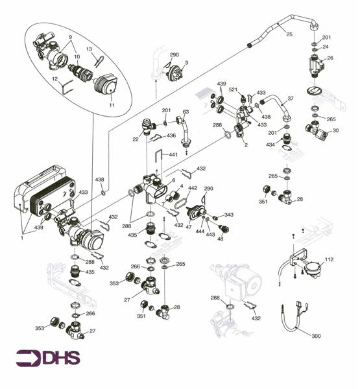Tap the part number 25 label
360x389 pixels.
289,34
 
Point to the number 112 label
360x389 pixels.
329,259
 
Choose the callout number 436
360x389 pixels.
171,136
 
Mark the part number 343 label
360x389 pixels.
228,215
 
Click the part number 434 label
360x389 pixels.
269,143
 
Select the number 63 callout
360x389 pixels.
186,112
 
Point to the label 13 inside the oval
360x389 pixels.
90,49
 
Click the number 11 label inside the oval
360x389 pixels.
112,104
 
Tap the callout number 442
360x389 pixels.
193,188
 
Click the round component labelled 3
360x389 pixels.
176,72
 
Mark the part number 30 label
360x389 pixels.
335,130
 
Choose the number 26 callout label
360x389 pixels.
330,58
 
